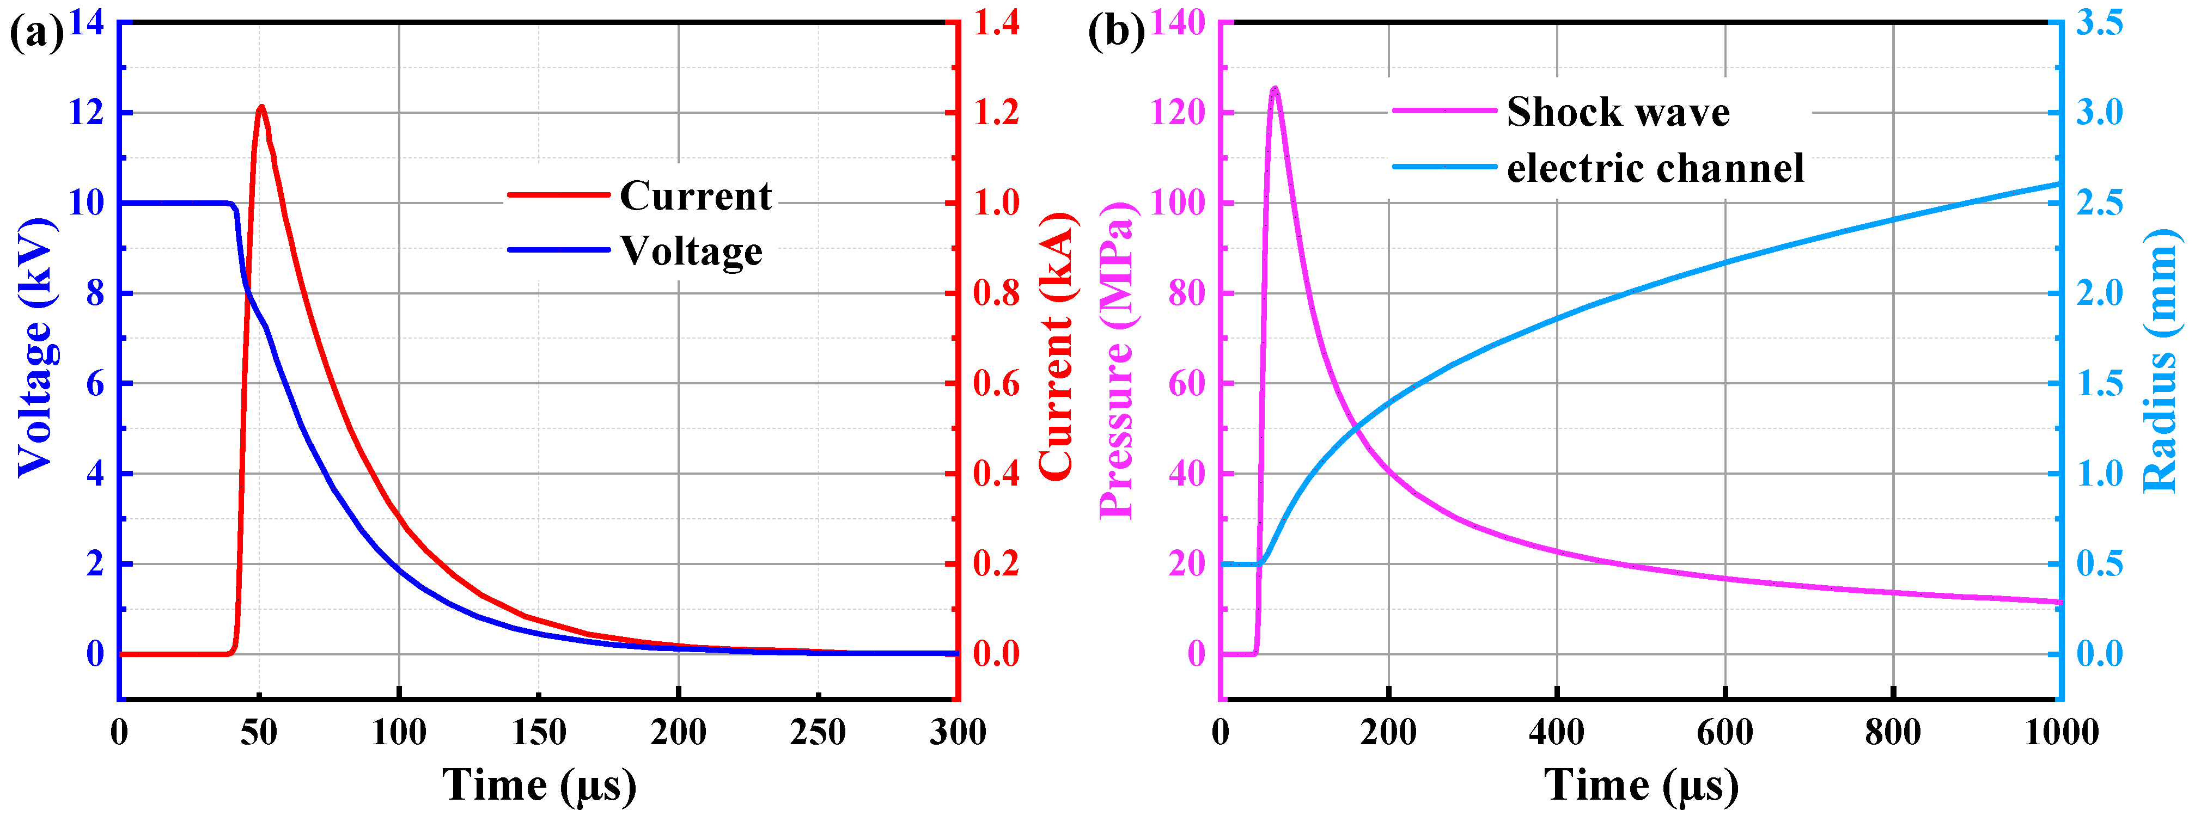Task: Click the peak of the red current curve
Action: click(x=261, y=107)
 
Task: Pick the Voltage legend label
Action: click(x=691, y=251)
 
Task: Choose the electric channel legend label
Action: click(x=1655, y=168)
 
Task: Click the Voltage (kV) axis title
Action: click(x=36, y=347)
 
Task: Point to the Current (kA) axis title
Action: click(x=1057, y=347)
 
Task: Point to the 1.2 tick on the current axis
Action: click(x=996, y=113)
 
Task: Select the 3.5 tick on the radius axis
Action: click(x=2099, y=23)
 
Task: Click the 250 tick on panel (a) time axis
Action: click(x=818, y=733)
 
